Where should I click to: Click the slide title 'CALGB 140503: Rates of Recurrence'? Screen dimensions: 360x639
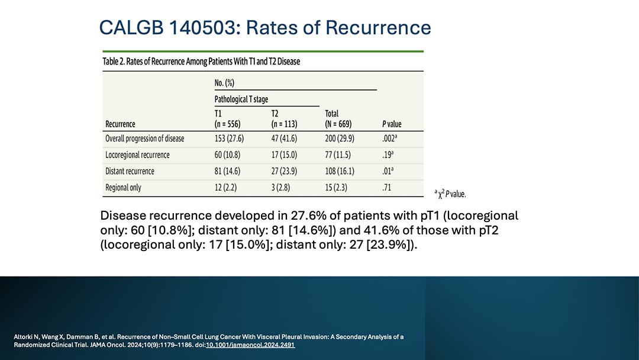(x=264, y=27)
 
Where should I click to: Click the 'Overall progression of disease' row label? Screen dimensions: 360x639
(x=144, y=139)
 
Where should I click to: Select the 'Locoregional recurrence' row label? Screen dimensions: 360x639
(x=137, y=155)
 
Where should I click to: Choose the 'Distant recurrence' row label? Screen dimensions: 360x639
(x=130, y=171)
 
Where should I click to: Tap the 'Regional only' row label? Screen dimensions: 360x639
(x=123, y=188)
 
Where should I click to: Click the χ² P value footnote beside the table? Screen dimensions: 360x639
(x=450, y=193)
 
